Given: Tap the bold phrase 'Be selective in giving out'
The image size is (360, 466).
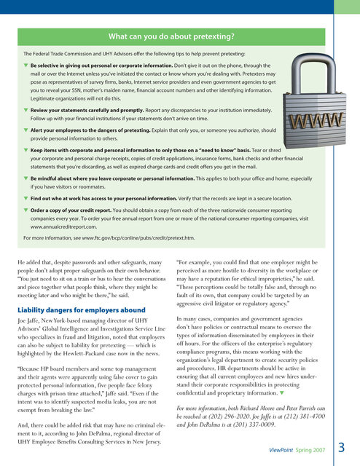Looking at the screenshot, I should pos(69,65).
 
